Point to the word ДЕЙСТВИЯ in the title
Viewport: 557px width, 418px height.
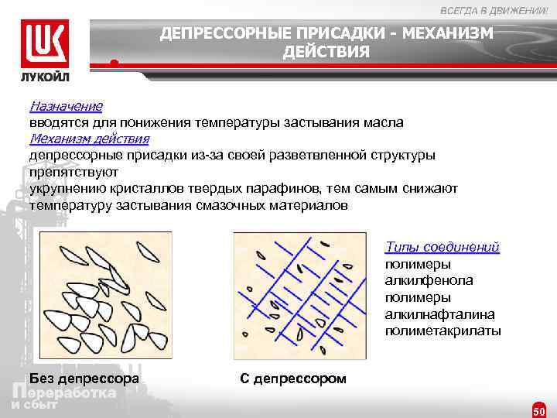pos(326,52)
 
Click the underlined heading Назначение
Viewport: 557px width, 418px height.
pos(66,105)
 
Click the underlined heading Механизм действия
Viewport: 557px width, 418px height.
pos(89,139)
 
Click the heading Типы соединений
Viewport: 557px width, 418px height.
pos(442,248)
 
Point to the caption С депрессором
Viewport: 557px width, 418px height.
pos(294,379)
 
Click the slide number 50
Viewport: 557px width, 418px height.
pos(539,410)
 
